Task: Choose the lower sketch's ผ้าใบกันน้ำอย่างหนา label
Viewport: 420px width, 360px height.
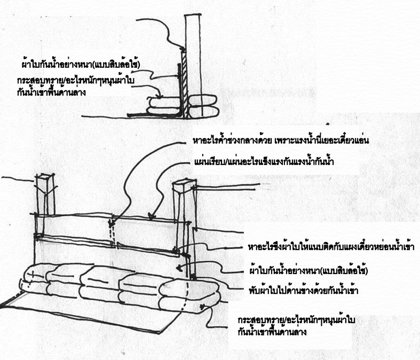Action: pos(310,270)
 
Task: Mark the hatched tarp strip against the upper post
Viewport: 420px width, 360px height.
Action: pos(183,80)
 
